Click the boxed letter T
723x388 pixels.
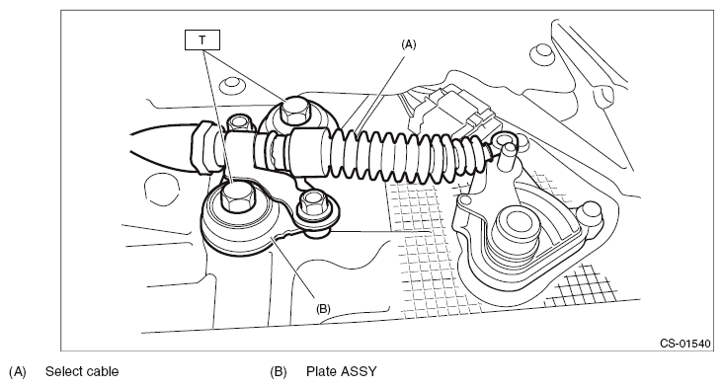202,40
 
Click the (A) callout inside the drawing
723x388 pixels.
409,44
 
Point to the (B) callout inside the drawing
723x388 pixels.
323,308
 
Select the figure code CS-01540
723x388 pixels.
685,344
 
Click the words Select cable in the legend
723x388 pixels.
82,371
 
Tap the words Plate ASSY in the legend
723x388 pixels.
341,371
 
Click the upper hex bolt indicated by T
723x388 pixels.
294,111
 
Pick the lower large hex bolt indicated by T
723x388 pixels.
237,196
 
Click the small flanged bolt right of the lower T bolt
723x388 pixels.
313,203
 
